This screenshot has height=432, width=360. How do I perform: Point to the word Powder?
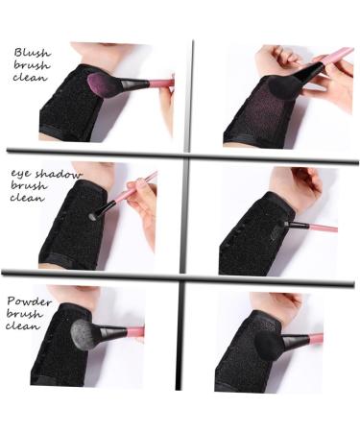pyautogui.click(x=29, y=300)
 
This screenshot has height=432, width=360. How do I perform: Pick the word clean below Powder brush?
pyautogui.click(x=23, y=326)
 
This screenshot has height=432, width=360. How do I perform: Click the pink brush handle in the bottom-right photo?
pyautogui.click(x=309, y=338)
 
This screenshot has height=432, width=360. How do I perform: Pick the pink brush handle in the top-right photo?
pyautogui.click(x=331, y=59)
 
